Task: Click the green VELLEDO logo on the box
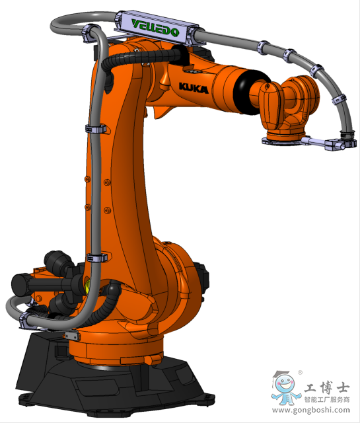coord(155,28)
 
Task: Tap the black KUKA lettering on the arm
coord(194,88)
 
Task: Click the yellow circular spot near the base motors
coord(88,286)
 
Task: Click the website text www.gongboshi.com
coord(311,410)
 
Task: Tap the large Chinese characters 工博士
coord(327,387)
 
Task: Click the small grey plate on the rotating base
coord(71,336)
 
